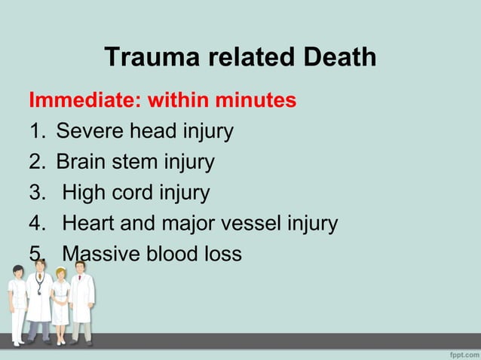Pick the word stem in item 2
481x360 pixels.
point(141,162)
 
